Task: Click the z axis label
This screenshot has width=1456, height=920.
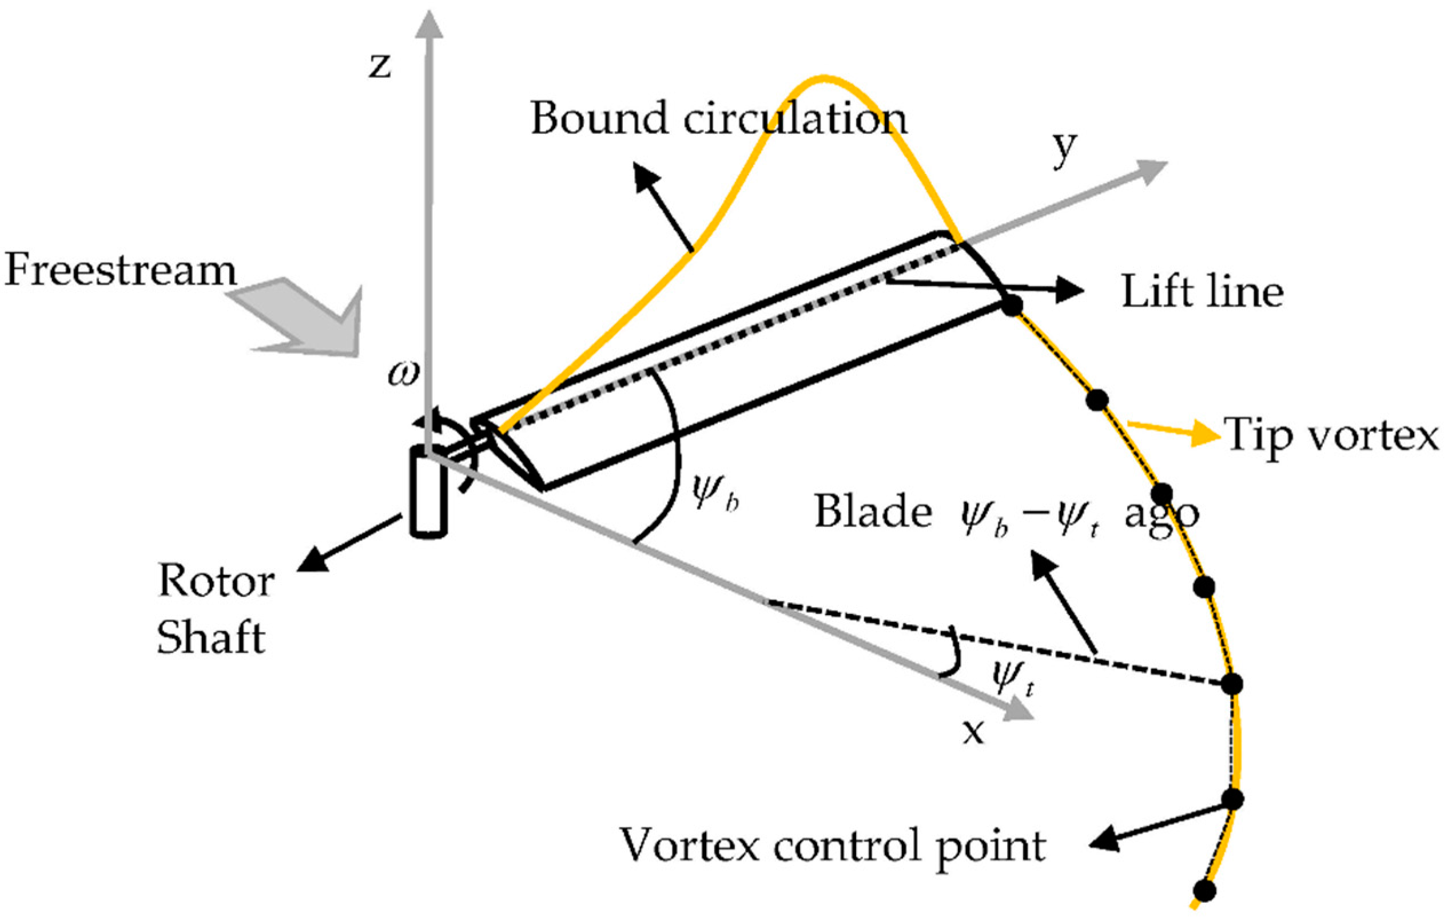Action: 380,66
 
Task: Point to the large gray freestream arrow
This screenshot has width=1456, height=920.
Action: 303,318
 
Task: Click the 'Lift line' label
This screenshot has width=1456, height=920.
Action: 1202,292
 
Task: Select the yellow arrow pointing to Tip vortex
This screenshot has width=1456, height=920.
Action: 1173,431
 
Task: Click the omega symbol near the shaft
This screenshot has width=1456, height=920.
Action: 403,374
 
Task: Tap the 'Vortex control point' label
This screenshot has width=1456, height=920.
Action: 833,845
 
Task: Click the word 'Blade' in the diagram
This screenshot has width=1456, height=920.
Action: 873,511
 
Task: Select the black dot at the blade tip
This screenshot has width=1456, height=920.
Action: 1012,305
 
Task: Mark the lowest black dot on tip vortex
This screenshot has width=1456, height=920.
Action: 1205,890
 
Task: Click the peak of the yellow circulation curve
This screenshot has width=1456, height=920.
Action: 824,78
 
